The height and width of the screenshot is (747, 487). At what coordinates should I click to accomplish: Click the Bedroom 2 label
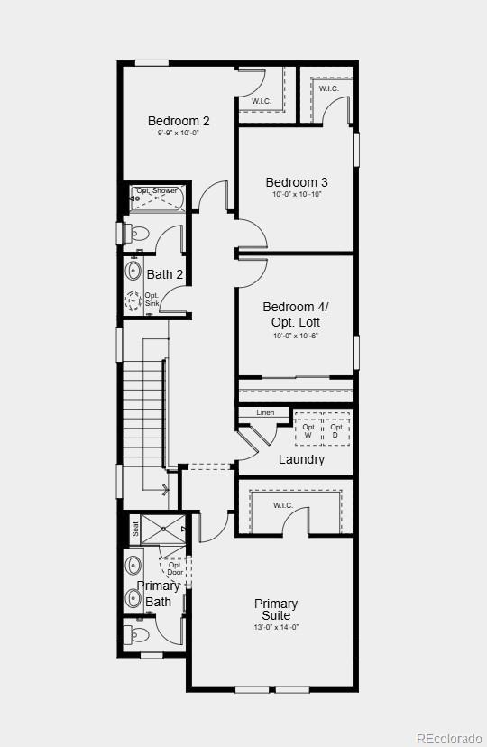(x=179, y=121)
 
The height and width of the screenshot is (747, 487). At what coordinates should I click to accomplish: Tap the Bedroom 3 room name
(x=297, y=182)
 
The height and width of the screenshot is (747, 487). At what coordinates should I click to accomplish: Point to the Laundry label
(x=301, y=459)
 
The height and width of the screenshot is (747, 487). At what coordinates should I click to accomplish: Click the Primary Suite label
(x=276, y=609)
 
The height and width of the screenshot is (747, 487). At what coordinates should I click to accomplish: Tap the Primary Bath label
(x=158, y=594)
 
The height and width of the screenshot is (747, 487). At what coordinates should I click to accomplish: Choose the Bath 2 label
(x=165, y=274)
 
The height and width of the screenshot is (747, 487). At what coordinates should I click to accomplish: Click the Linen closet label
(x=265, y=413)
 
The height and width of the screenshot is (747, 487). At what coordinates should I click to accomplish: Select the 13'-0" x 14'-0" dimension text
(x=276, y=627)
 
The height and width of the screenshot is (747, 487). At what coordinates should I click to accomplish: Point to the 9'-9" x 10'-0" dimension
(x=178, y=134)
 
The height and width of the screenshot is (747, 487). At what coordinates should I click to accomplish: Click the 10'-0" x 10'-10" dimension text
(x=297, y=195)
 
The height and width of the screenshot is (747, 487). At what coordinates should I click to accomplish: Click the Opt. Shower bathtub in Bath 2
(x=158, y=196)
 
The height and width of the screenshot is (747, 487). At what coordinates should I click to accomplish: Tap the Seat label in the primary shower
(x=136, y=530)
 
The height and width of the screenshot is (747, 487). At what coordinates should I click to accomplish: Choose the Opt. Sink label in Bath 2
(x=152, y=300)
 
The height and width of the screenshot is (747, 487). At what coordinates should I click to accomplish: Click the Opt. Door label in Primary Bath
(x=175, y=569)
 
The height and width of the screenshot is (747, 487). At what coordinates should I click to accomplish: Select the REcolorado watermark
(x=447, y=739)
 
